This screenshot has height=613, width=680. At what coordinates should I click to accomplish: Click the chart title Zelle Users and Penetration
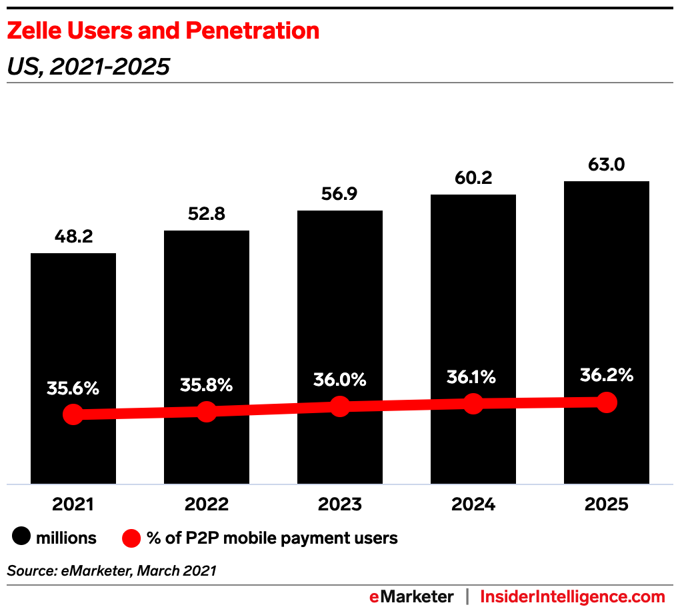[x=163, y=31]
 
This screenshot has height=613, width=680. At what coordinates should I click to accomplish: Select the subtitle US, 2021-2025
[x=88, y=67]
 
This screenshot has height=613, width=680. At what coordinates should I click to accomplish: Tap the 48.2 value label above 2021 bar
[x=73, y=237]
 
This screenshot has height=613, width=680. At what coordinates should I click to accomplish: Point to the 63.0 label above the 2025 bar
[x=606, y=164]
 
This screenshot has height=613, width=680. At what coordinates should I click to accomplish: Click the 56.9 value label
[x=340, y=195]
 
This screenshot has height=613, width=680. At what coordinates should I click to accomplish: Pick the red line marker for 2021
[x=73, y=414]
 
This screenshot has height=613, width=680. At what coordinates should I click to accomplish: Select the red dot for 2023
[x=340, y=406]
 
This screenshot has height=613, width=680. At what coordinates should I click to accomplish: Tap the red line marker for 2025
[x=606, y=402]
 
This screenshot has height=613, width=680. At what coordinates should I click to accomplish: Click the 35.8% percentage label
[x=206, y=385]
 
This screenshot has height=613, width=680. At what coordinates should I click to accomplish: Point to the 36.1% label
[x=473, y=377]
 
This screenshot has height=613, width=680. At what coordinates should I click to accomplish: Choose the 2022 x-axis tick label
[x=206, y=504]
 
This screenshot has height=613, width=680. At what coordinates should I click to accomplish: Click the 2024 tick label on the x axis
[x=473, y=504]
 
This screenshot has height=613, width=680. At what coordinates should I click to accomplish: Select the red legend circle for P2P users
[x=131, y=538]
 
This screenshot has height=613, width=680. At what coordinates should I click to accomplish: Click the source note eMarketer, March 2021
[x=111, y=570]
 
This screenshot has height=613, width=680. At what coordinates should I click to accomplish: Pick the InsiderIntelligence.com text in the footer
[x=573, y=596]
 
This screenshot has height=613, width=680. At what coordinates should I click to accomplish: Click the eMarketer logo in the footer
[x=411, y=596]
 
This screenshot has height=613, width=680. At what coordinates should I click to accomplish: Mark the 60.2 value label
[x=473, y=178]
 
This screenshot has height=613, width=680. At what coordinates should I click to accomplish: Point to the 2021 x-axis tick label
[x=73, y=504]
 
